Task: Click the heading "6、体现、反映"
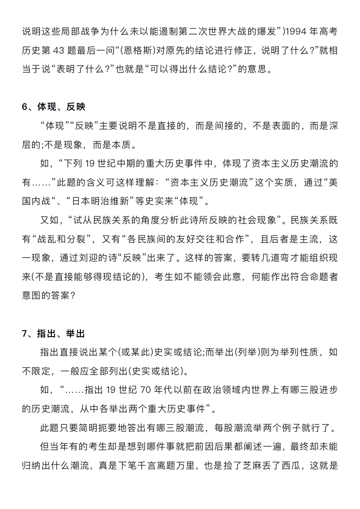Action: click(54, 107)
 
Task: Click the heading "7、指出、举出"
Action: click(54, 334)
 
